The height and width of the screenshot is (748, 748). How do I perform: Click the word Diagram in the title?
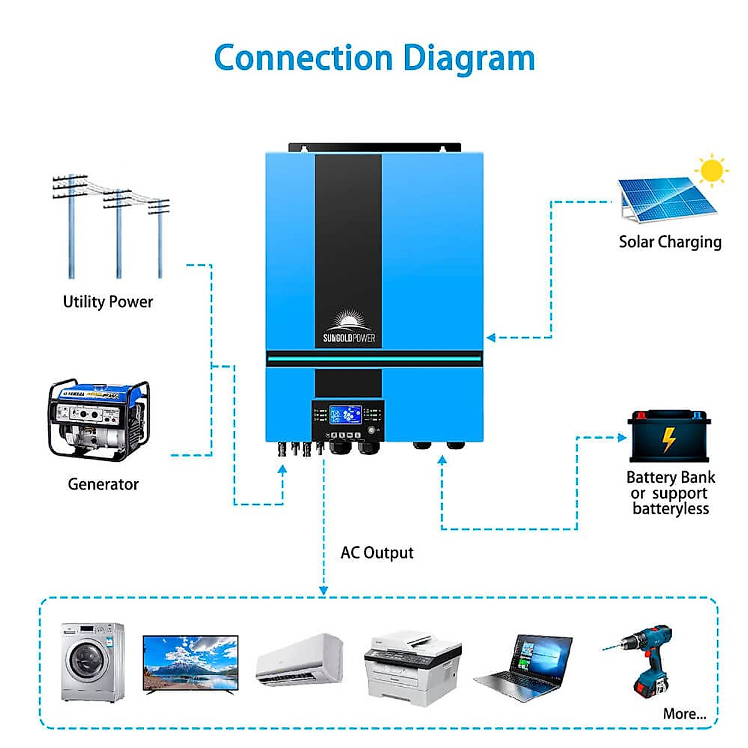tap(469, 59)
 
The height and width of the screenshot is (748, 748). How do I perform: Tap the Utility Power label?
tap(108, 302)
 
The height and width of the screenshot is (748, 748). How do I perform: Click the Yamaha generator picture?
tap(99, 418)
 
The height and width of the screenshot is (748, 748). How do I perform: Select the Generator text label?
tap(103, 484)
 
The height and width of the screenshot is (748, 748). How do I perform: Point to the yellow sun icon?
tap(711, 170)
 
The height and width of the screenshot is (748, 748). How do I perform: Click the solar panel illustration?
tap(666, 199)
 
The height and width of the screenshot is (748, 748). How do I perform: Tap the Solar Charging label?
tap(670, 242)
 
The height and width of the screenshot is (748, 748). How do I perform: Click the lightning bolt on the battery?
tap(669, 439)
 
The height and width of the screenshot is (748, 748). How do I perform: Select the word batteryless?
tap(671, 509)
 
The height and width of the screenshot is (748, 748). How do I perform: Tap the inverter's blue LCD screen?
tap(345, 415)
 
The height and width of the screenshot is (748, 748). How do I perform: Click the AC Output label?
tap(376, 553)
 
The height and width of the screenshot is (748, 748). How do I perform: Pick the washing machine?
tap(92, 661)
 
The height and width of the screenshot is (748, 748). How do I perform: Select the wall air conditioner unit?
tap(300, 661)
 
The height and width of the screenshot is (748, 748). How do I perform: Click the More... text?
tap(684, 714)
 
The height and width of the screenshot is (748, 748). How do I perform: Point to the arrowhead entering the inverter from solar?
tap(491, 338)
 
